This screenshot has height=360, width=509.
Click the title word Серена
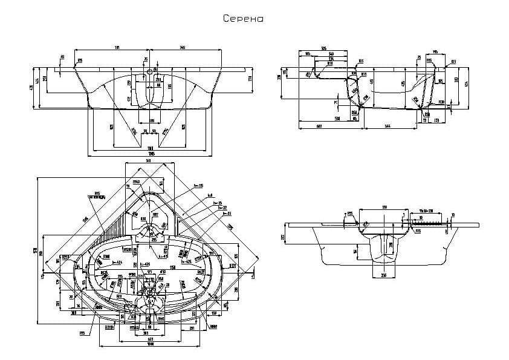[243, 19]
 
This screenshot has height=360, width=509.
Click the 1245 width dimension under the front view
[151, 154]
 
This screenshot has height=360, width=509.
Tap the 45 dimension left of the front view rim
[62, 57]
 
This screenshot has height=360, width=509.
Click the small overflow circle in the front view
[150, 71]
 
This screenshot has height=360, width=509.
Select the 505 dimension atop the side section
[323, 48]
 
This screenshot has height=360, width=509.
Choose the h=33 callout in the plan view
[227, 213]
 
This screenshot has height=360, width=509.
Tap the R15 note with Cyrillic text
[97, 195]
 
